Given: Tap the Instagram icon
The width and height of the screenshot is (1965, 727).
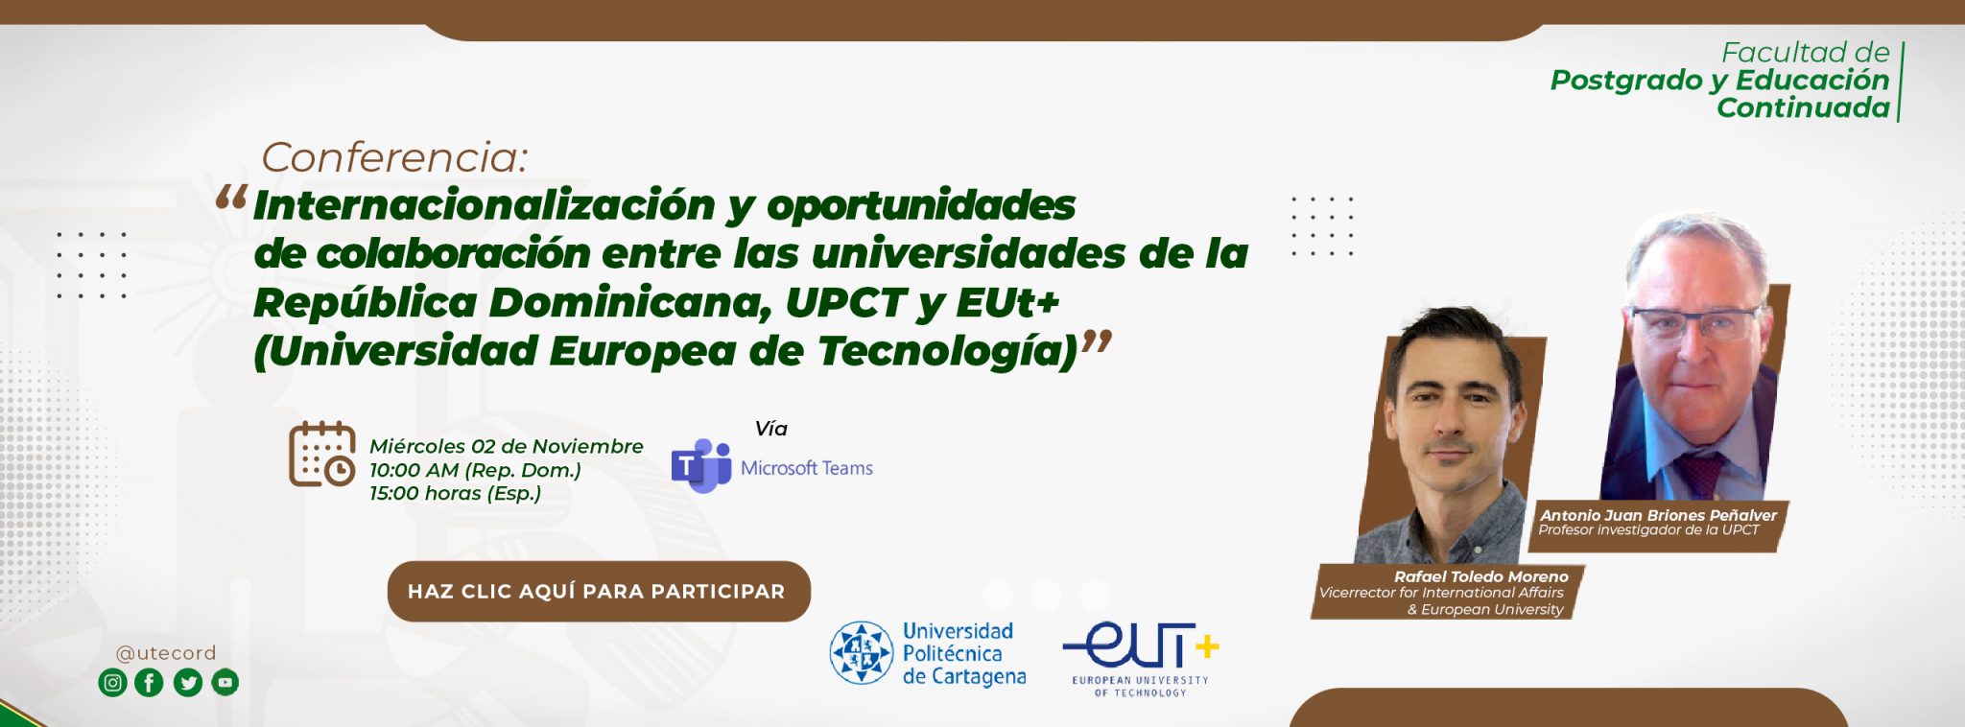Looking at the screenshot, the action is [x=113, y=683].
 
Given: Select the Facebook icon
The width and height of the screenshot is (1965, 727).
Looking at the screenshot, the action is [x=150, y=683].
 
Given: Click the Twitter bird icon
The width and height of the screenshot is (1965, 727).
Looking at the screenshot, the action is [x=188, y=683].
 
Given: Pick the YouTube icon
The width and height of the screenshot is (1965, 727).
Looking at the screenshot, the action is [x=225, y=683].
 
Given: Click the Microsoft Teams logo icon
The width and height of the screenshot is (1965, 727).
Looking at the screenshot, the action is [x=701, y=466].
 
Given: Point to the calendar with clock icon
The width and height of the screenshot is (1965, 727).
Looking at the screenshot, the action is [x=322, y=454].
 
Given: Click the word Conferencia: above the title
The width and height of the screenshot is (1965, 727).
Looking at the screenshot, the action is [x=394, y=157].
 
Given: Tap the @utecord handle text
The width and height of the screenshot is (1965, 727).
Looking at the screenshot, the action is [x=166, y=653].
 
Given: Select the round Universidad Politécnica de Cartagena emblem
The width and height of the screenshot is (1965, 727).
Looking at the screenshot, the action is [x=862, y=652].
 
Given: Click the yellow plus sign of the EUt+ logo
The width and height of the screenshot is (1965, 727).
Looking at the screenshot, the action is [x=1207, y=647].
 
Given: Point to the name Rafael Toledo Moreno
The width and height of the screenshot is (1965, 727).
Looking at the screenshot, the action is [x=1480, y=576].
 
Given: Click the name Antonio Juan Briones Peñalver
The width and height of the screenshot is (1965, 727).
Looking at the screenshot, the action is [x=1658, y=515].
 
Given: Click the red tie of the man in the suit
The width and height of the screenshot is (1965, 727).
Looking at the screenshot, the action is [x=1701, y=476].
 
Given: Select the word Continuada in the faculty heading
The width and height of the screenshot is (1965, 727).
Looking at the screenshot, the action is [x=1803, y=107].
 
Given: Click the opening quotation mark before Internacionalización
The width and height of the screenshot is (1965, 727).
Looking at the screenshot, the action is [x=231, y=198].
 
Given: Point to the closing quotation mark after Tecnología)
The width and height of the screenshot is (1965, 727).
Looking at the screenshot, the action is [x=1097, y=342].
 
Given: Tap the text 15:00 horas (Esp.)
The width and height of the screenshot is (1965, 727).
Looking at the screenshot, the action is [x=456, y=493].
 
